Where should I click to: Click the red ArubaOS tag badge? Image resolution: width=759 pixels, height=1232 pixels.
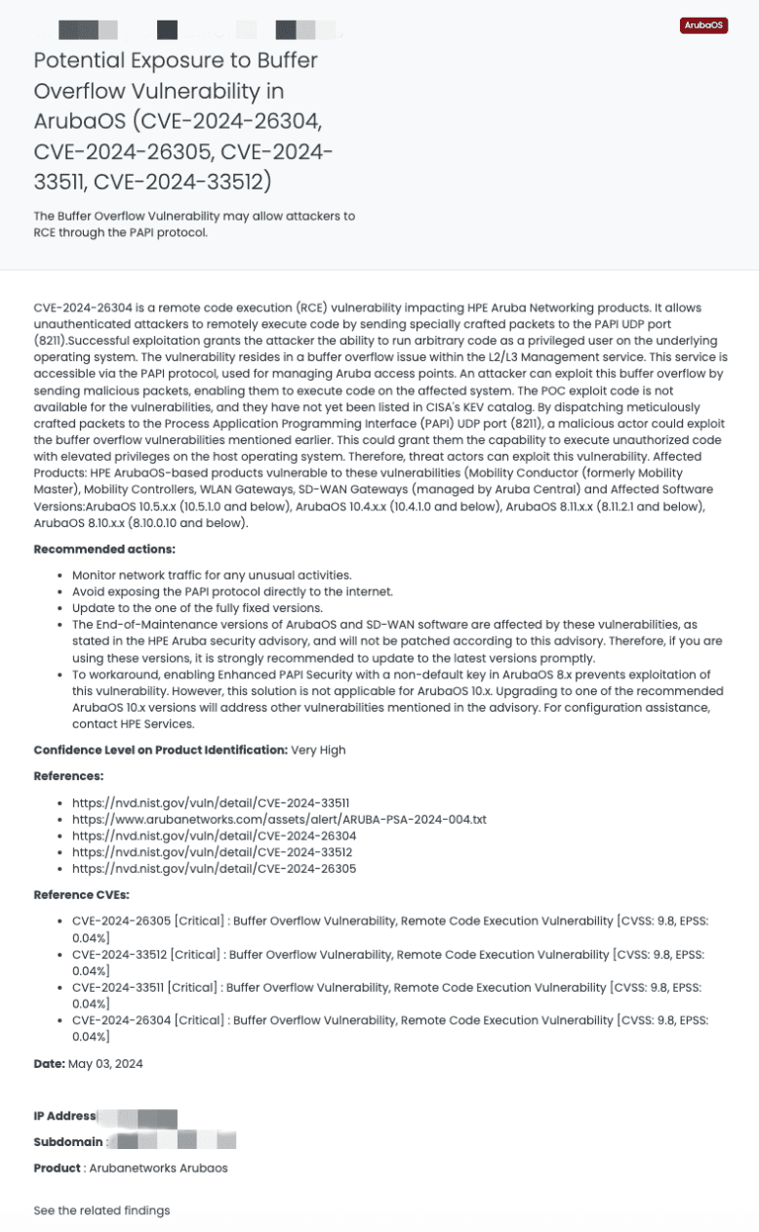703,25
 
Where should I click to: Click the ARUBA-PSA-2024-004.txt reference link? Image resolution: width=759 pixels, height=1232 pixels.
279,819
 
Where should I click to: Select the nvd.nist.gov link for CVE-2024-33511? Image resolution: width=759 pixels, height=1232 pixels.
211,802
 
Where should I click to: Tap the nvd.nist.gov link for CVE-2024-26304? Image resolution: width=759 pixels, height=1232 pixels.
214,836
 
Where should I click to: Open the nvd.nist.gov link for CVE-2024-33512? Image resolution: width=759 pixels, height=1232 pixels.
212,852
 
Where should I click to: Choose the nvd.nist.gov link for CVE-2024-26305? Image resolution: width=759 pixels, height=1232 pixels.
214,869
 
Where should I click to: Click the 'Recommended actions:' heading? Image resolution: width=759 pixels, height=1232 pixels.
104,550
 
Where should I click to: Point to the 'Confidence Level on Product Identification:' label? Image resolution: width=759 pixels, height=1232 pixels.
160,750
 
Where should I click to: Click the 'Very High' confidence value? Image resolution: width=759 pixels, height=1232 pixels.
318,750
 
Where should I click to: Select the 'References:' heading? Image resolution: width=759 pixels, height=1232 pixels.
68,776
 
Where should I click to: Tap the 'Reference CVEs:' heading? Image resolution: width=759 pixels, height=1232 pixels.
81,894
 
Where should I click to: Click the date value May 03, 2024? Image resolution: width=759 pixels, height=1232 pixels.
105,1064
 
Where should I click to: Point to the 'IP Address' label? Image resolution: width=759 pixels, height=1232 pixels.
64,1116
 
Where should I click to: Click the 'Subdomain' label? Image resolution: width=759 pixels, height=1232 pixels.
67,1141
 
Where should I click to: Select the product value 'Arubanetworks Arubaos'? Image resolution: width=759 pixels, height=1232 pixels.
158,1168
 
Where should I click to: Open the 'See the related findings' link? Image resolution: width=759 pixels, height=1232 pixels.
101,1211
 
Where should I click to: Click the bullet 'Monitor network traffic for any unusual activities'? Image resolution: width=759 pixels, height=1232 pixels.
212,575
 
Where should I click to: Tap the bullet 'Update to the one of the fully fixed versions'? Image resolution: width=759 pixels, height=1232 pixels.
197,607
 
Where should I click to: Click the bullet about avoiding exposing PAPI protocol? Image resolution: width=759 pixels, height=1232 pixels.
232,592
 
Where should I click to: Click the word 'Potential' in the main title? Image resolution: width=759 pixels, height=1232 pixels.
76,60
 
